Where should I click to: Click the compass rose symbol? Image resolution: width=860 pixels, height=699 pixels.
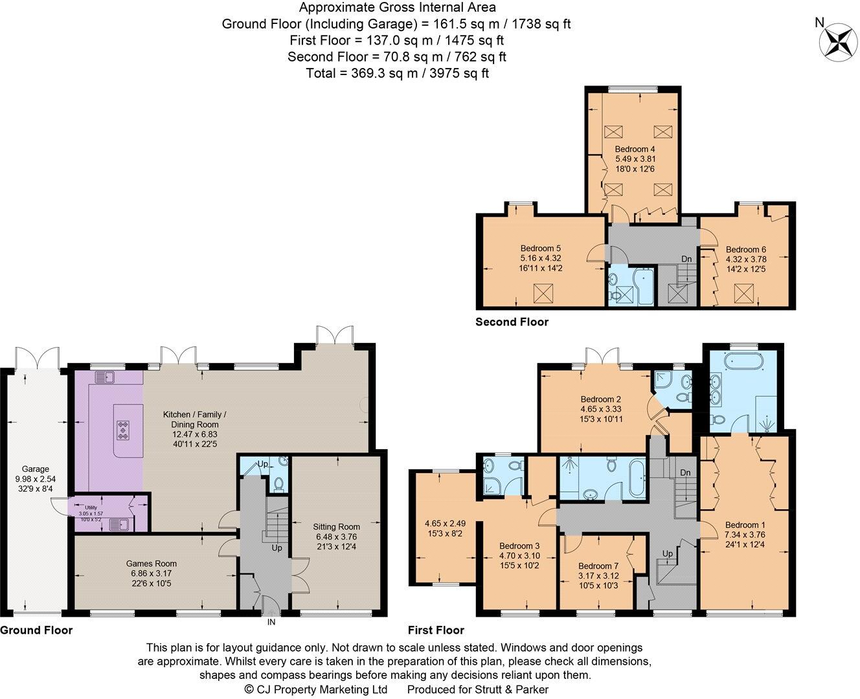click(x=838, y=42)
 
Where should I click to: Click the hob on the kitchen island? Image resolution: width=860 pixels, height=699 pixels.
click(x=123, y=430)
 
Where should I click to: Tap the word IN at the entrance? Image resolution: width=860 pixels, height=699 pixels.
click(x=271, y=622)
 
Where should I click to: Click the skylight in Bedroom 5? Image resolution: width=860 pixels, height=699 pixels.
click(x=543, y=293)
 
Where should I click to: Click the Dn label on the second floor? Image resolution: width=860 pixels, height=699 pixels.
click(x=686, y=259)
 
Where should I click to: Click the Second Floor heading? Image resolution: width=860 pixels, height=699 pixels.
click(x=512, y=322)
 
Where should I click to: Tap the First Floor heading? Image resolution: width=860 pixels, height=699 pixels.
click(x=436, y=630)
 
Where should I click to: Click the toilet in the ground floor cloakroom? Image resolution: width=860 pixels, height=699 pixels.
click(x=278, y=484)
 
